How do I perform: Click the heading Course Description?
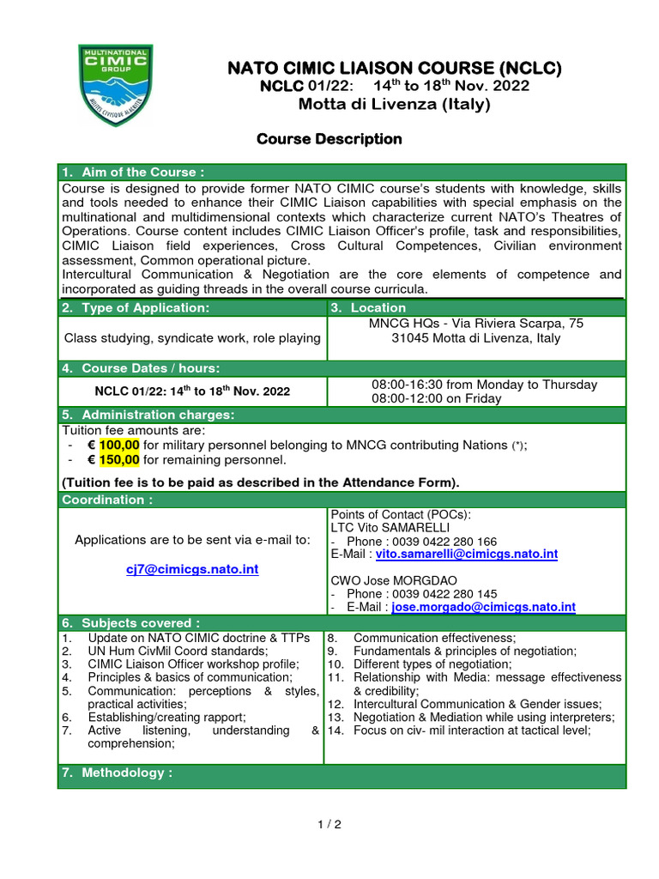click(x=329, y=139)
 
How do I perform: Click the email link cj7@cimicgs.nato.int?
click(x=192, y=569)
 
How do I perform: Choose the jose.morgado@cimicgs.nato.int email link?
click(x=483, y=607)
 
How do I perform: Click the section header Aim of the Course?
click(x=133, y=173)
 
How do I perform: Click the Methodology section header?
click(x=117, y=773)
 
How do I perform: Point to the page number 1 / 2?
click(x=329, y=825)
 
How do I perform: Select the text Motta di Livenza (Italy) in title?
click(x=395, y=105)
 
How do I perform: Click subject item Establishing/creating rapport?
click(x=166, y=717)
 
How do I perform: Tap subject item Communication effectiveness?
click(x=434, y=638)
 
